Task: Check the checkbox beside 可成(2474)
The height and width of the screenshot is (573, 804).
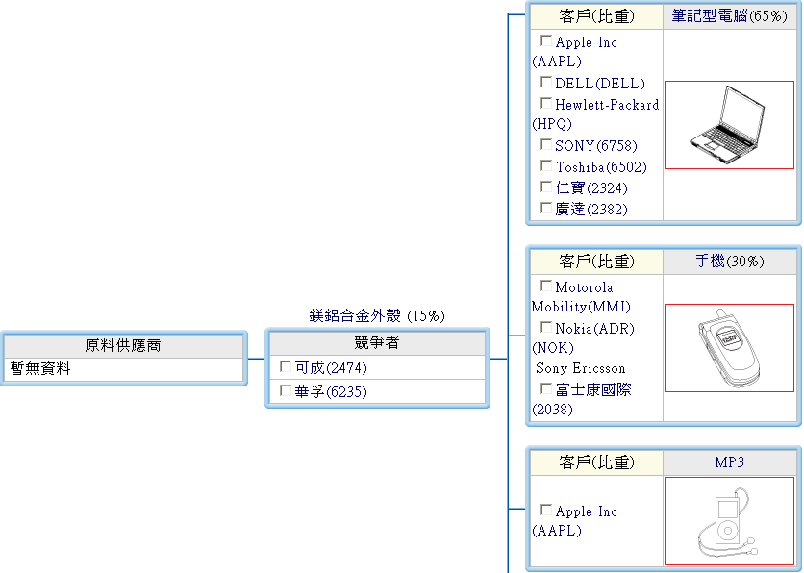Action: coord(286,366)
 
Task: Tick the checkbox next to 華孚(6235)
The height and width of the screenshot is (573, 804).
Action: coord(286,390)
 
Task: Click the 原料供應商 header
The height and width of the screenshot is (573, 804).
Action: coord(123,345)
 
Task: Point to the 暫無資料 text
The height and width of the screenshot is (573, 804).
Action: coord(40,368)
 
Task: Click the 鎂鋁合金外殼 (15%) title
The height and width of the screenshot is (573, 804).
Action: coord(377,315)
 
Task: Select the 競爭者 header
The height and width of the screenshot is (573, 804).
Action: coord(376,343)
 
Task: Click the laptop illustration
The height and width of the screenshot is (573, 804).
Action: coord(729,125)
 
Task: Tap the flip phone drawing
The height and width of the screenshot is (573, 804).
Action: coord(729,347)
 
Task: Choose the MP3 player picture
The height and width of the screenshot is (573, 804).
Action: coord(729,521)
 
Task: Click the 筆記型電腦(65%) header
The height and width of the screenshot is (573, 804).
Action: coord(729,16)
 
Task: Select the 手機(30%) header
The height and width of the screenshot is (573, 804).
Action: coord(729,262)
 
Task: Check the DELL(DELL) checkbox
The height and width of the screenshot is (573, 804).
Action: coord(546,83)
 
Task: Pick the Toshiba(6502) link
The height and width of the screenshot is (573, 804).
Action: coord(601,167)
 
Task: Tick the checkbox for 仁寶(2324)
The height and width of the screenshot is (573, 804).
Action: coord(546,187)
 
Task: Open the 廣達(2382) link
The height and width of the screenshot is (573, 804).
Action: coord(590,209)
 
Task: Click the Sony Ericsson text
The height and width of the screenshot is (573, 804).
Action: coord(581,368)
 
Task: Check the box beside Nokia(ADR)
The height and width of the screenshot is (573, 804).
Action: coord(546,328)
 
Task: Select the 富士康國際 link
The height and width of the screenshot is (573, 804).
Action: coord(593,390)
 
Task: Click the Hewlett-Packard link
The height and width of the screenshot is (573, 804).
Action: coord(607,104)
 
